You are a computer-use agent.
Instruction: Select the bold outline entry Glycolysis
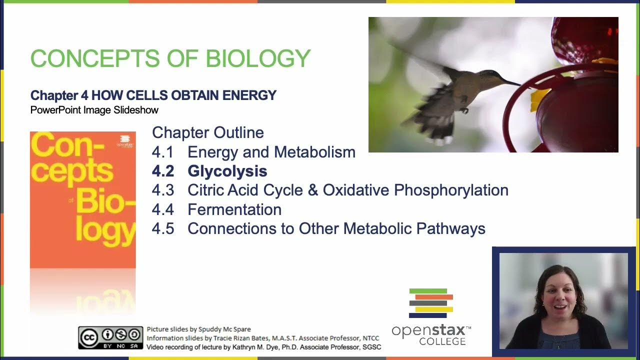click(227, 171)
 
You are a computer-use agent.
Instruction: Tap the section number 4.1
click(162, 152)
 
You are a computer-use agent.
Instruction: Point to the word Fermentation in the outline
click(234, 209)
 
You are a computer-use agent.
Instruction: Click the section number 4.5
click(163, 228)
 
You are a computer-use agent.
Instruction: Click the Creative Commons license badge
click(110, 337)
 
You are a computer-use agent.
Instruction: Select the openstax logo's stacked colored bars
click(430, 303)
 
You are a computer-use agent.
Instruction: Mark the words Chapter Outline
click(207, 132)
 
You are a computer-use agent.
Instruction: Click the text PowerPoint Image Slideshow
click(94, 110)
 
